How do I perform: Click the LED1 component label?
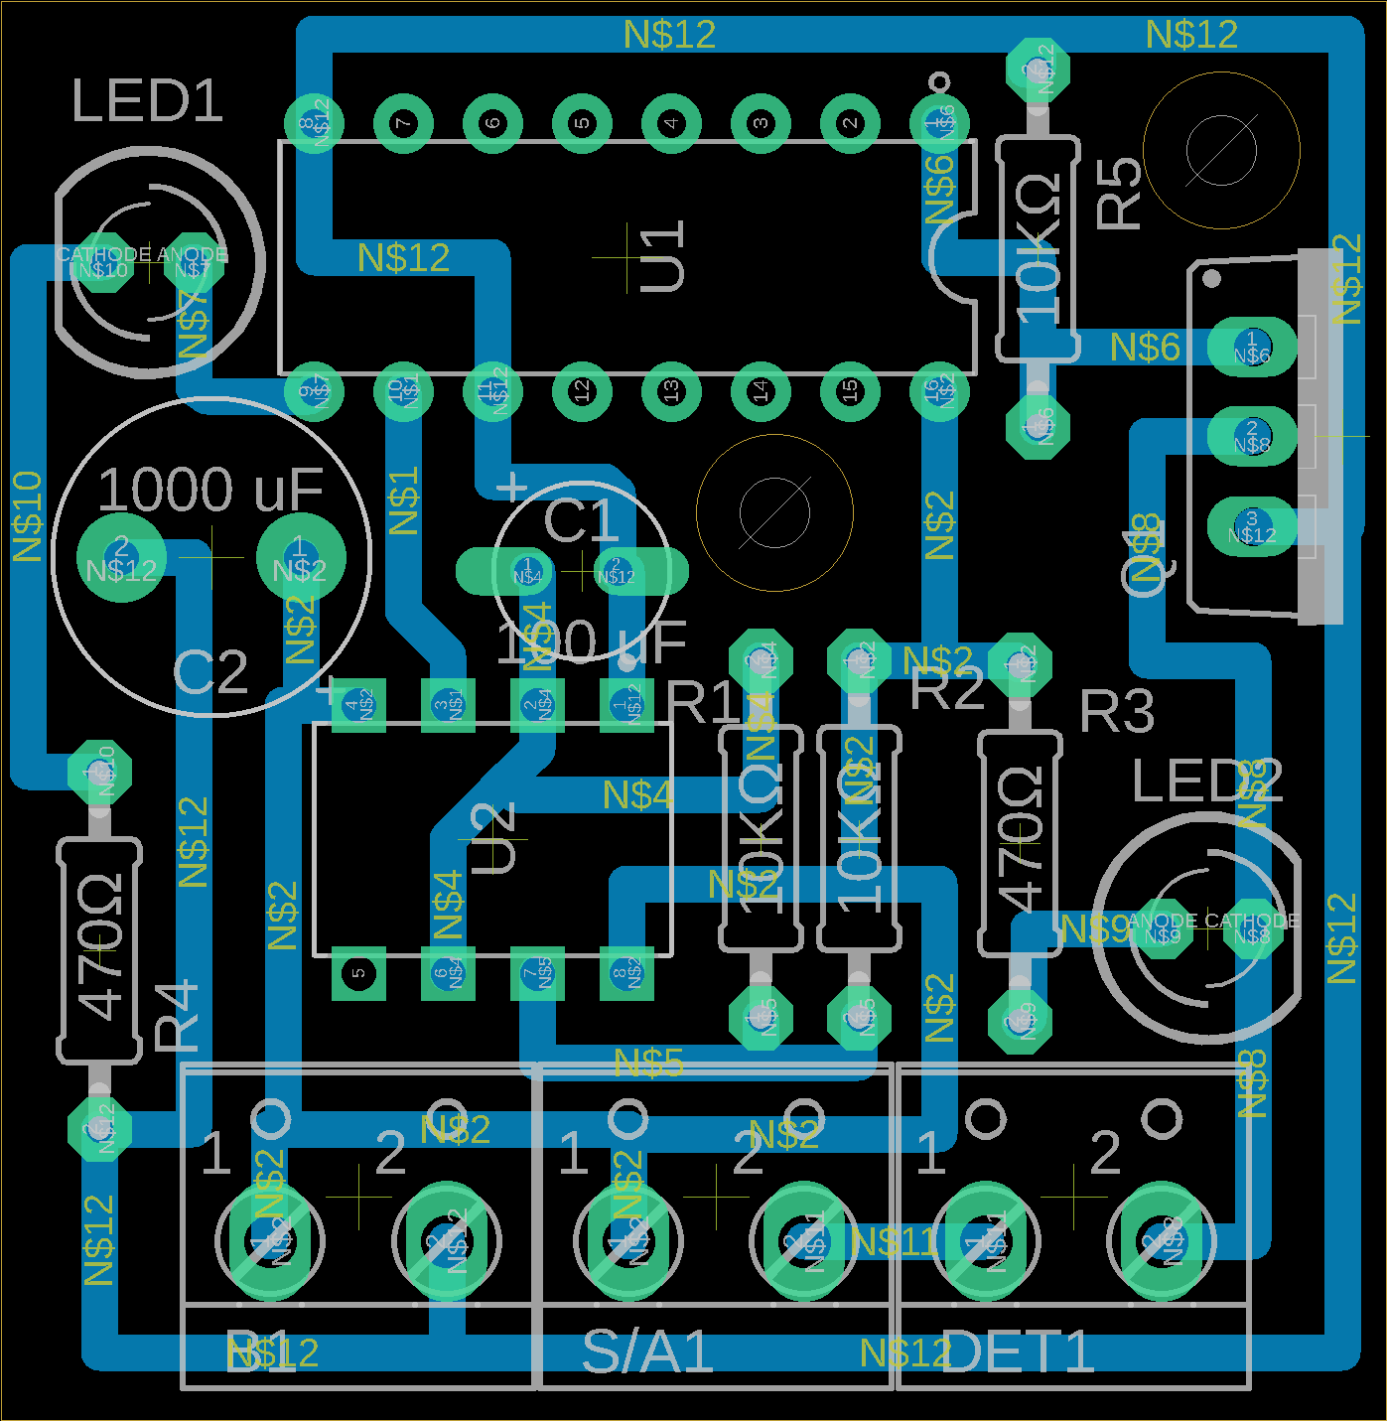tap(147, 101)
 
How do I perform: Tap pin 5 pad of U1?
tap(582, 123)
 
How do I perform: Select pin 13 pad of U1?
tap(671, 390)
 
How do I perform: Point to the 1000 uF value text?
tap(210, 490)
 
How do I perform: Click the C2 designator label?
tap(210, 672)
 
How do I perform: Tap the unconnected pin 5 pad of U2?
tap(358, 972)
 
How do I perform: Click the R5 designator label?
tap(1120, 193)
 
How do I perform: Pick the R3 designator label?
tap(1117, 711)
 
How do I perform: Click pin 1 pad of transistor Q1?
tap(1251, 347)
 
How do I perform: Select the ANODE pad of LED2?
tap(1162, 930)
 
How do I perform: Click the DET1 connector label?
tap(1017, 1351)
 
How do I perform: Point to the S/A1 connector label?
tap(647, 1351)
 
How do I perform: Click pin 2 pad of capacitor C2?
tap(121, 556)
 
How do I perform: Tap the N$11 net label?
tap(894, 1241)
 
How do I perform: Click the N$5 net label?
tap(648, 1064)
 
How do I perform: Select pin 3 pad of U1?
tap(761, 123)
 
